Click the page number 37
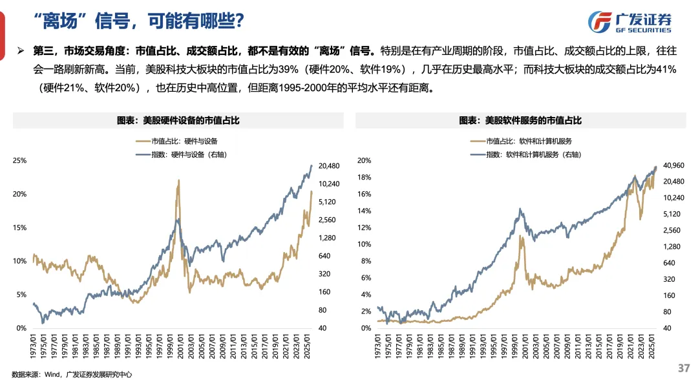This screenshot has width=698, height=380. pyautogui.click(x=684, y=368)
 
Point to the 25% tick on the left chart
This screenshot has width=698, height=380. pyautogui.click(x=20, y=160)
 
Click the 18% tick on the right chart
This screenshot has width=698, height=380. pyautogui.click(x=365, y=177)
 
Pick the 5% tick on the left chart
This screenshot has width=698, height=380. pyautogui.click(x=21, y=295)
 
